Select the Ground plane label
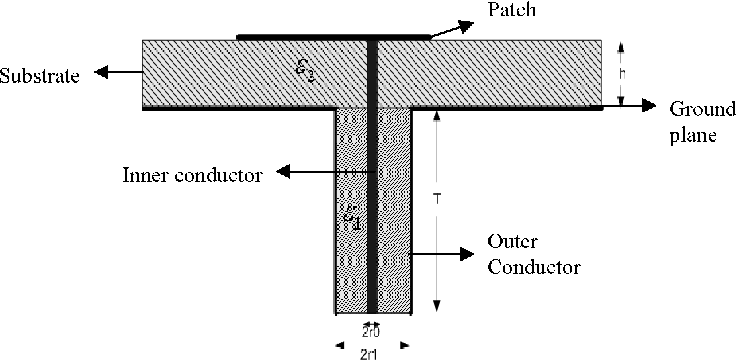pyautogui.click(x=702, y=122)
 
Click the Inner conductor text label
pyautogui.click(x=193, y=175)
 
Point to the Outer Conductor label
pyautogui.click(x=533, y=254)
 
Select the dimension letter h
pyautogui.click(x=622, y=73)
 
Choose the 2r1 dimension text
pyautogui.click(x=370, y=353)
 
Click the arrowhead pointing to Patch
pyautogui.click(x=466, y=24)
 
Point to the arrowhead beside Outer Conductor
pyautogui.click(x=466, y=253)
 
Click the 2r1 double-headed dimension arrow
pyautogui.click(x=372, y=344)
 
